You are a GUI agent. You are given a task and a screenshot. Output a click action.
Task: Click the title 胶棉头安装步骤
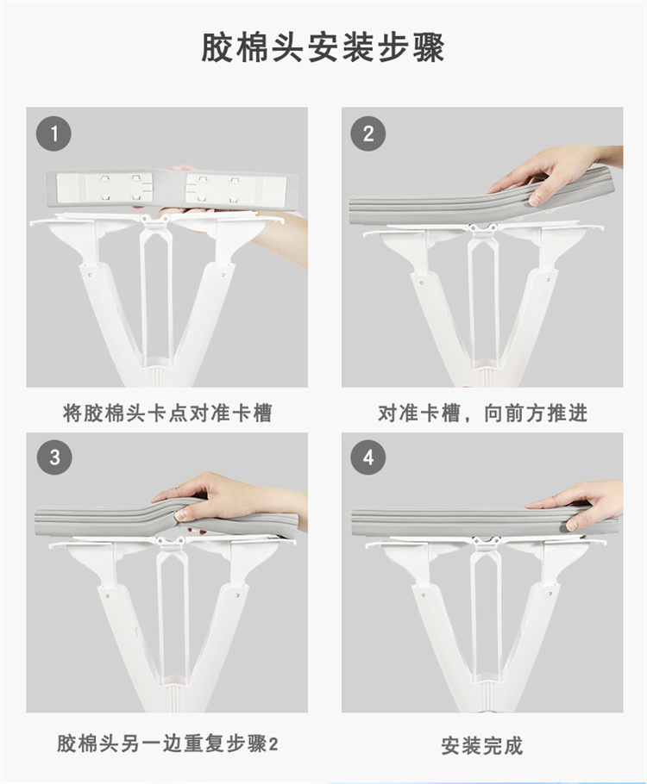323,48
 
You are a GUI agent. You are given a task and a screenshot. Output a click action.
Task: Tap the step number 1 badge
53,134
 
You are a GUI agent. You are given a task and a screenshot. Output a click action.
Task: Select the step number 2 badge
368,134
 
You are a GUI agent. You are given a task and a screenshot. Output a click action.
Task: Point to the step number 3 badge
54,457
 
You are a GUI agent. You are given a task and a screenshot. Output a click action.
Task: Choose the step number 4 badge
368,457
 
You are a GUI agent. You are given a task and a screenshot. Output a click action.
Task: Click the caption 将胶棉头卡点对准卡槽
167,414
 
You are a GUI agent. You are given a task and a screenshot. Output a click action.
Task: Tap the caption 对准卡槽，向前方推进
482,414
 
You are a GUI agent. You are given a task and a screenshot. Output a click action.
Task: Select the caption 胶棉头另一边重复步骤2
167,744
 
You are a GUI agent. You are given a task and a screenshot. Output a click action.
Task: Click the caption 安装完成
482,745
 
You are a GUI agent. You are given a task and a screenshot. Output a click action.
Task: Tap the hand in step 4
581,505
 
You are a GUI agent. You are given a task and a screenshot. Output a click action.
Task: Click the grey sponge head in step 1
173,189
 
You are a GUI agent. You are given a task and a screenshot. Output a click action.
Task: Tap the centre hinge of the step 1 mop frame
145,219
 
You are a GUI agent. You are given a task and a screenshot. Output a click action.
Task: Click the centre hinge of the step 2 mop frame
482,228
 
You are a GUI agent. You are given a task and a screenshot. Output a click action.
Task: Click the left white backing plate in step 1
103,188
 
